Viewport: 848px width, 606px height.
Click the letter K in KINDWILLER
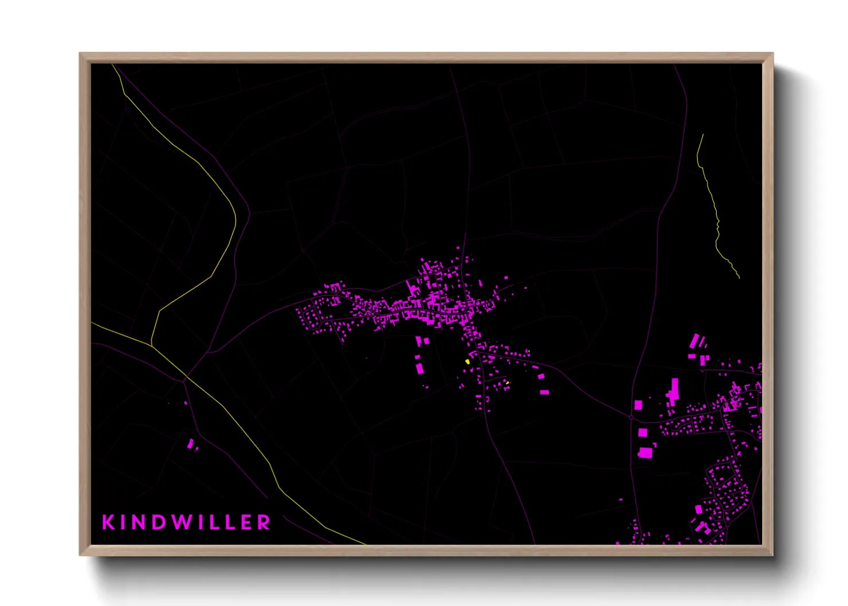[108, 522]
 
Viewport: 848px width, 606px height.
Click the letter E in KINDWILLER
[245, 522]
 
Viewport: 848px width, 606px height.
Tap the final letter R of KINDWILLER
[264, 522]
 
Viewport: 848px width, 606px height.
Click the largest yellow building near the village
[468, 361]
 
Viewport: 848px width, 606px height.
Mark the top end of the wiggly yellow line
[703, 135]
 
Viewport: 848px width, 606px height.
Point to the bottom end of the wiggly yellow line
[739, 278]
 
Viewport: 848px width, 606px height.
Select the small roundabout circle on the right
[631, 418]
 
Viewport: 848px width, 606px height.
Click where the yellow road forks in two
[151, 345]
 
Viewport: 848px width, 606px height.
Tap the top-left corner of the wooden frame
[80, 54]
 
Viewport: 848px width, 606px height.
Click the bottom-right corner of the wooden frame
[772, 554]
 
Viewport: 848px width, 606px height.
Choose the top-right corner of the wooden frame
[772, 54]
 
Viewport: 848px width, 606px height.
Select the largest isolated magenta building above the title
[190, 443]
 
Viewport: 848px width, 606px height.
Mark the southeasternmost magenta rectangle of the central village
[545, 392]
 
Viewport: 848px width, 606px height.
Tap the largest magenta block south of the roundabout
[645, 452]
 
